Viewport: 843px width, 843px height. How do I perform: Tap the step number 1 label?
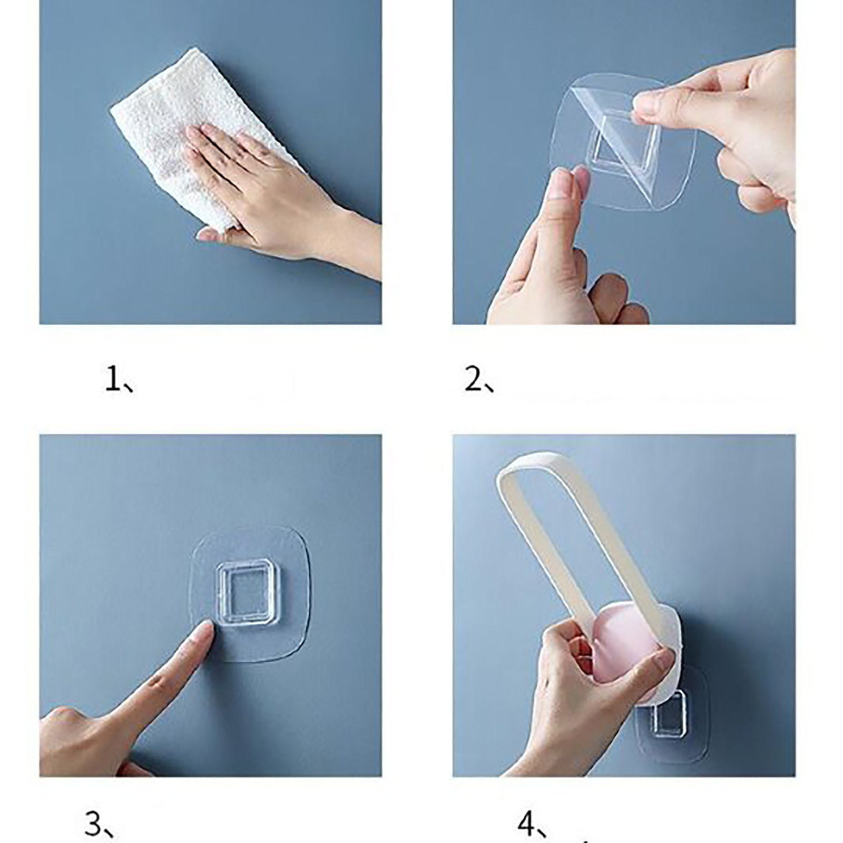(119, 380)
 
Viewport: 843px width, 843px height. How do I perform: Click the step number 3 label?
(100, 825)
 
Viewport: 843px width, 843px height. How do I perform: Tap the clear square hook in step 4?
(670, 714)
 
